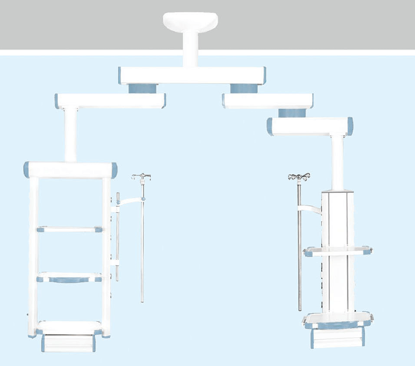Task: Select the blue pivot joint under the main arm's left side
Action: coord(142,88)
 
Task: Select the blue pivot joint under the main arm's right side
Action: coord(244,88)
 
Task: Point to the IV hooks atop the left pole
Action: coord(142,176)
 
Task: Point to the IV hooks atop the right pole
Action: coord(299,177)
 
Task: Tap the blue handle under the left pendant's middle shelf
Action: coord(69,280)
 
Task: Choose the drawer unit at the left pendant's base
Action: coord(68,343)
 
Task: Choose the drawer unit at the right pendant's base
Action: coord(338,338)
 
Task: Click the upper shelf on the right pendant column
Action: coord(338,251)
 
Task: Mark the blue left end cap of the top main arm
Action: coord(119,75)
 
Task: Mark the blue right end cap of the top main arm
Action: coord(264,75)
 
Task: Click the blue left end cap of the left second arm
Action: coord(57,101)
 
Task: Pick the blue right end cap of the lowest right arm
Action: coord(350,126)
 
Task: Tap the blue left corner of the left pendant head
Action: coord(27,170)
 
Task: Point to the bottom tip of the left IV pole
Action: coord(142,301)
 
